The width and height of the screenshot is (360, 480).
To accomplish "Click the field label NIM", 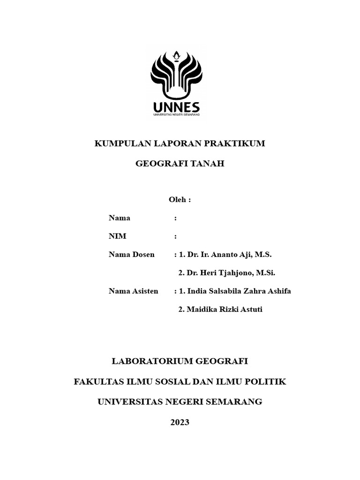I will coord(117,236).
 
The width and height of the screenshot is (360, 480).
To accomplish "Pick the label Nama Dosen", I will coord(131,255).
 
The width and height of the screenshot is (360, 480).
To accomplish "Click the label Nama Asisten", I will coord(133,291).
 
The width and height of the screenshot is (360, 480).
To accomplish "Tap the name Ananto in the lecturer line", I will coord(224,255).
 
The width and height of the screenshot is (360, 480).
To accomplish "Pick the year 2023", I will coord(180,422).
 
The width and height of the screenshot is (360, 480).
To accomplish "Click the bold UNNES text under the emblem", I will coord(176,106).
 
